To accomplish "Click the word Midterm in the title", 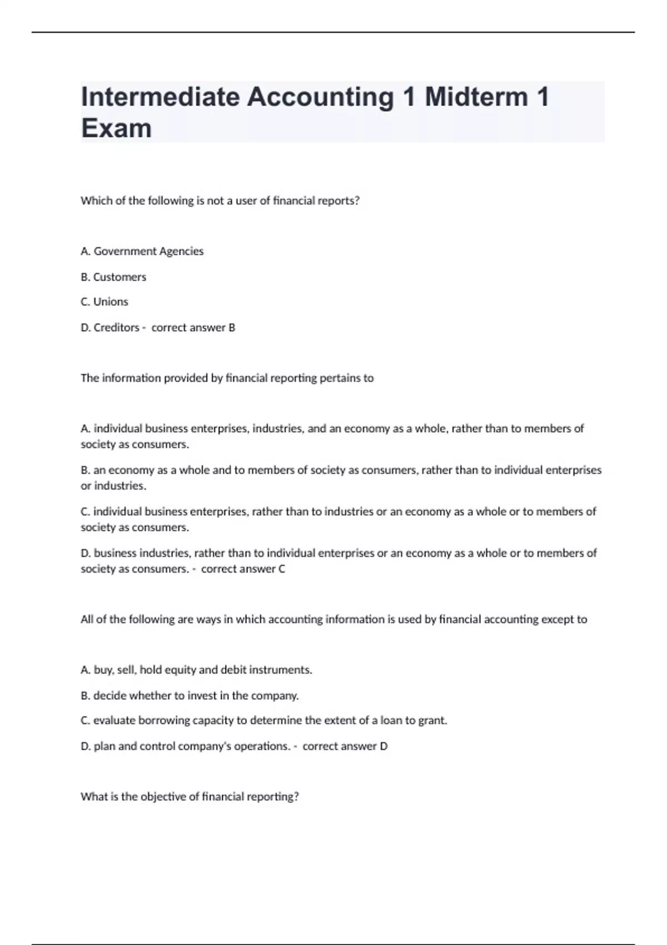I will (476, 97).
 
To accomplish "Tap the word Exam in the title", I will (116, 128).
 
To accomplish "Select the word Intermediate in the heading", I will (160, 97).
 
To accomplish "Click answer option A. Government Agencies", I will (142, 251).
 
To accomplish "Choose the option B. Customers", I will (113, 277).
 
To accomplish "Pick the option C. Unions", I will (104, 302).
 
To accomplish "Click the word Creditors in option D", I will (116, 327).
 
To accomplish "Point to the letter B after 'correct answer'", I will (232, 327).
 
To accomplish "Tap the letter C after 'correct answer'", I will (282, 569).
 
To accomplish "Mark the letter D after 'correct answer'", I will (384, 746).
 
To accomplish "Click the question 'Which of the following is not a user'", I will (220, 201).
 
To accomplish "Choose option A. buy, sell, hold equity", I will (196, 670).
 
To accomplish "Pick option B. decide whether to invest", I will (190, 695).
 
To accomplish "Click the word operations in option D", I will (261, 746).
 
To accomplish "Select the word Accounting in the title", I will (320, 97).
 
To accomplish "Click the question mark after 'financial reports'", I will (357, 201).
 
